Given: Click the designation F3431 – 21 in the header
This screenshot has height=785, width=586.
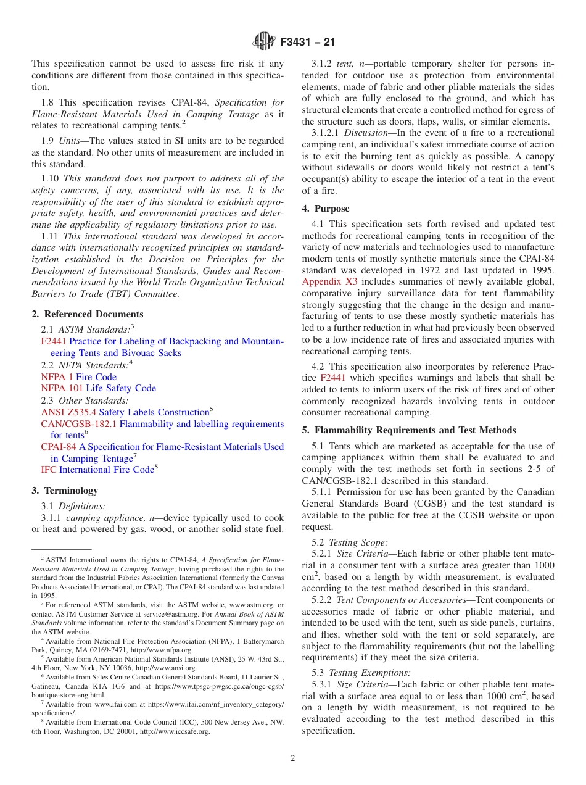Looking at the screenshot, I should point(307,43).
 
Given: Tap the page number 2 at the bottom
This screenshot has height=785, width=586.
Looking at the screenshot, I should point(293,758).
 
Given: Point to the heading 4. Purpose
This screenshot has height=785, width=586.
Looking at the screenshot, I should point(326,209).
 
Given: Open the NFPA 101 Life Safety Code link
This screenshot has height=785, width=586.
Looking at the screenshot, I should point(98,388).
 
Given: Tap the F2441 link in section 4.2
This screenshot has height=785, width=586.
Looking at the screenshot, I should point(332,378).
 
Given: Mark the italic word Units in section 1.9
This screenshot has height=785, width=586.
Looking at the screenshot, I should point(73,141).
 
